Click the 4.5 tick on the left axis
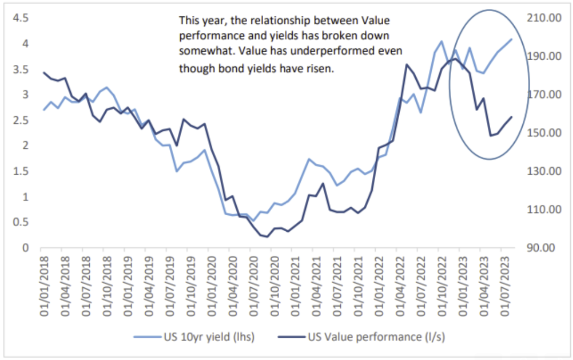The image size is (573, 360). point(21,18)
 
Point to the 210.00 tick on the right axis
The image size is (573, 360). point(544,18)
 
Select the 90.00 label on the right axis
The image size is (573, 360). point(541,248)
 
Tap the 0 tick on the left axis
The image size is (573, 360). point(25,248)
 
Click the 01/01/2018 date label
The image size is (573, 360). point(44,286)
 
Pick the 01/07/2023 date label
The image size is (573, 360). point(505,286)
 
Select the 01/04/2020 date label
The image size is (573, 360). point(233,286)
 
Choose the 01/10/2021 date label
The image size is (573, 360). point(358,286)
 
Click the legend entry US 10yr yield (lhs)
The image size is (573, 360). point(209,337)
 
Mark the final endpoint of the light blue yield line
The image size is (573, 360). point(511,39)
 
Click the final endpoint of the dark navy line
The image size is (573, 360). point(511,117)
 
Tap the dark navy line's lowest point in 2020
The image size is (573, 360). point(267,237)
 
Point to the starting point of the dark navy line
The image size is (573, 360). point(44,73)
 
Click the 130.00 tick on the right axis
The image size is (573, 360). point(544,171)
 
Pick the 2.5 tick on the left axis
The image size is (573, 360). point(21,120)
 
